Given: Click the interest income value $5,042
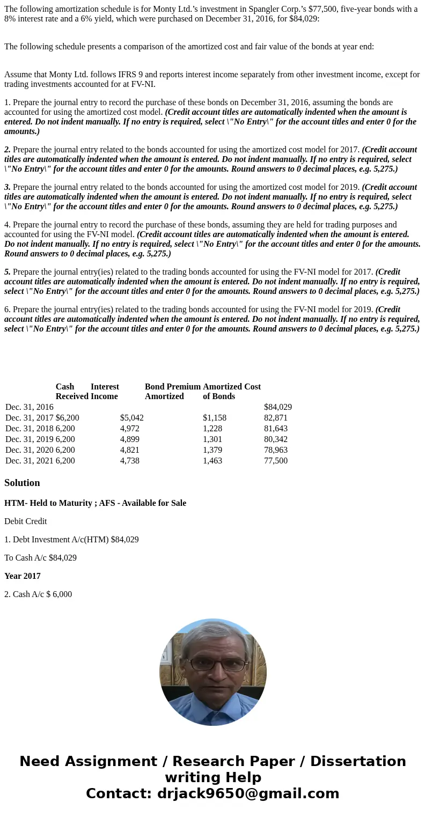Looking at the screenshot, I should [x=131, y=418].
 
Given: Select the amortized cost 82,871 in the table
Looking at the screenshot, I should [x=275, y=418].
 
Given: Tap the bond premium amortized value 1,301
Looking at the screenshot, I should [x=212, y=439].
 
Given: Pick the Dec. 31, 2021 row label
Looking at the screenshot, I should [x=29, y=461].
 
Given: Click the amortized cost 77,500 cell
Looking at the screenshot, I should [x=275, y=461].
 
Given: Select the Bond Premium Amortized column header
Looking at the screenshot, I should [x=172, y=392].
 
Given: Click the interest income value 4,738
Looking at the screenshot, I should [x=129, y=461].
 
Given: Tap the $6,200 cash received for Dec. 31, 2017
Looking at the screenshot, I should [x=67, y=418].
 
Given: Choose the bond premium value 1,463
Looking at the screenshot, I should [x=212, y=461].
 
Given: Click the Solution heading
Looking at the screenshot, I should [x=22, y=483].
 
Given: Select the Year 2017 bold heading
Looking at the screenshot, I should [x=23, y=576].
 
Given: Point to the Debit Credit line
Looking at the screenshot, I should [x=25, y=521].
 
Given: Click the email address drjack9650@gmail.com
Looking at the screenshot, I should [x=248, y=794].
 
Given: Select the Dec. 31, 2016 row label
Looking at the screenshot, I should [x=29, y=407].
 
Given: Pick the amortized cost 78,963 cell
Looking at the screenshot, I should [x=275, y=450].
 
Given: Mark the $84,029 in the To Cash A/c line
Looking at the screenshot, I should [x=62, y=558].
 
